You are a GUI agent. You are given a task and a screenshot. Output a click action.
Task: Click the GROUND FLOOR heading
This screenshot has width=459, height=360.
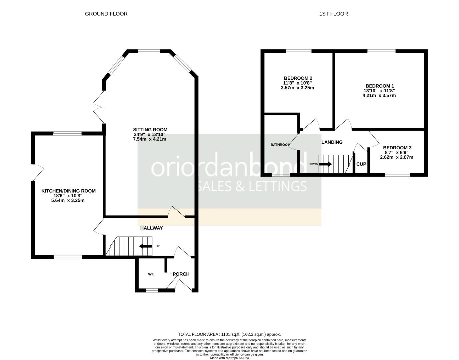pos(106,14)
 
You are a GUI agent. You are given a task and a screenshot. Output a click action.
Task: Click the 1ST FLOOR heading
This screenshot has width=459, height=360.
pos(333,14)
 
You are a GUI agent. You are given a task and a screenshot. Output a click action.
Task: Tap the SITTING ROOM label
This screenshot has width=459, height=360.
pos(150,130)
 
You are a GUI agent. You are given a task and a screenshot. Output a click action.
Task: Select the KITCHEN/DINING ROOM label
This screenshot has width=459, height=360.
pos(68,191)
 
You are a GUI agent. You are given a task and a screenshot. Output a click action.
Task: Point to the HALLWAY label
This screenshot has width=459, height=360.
pos(151,228)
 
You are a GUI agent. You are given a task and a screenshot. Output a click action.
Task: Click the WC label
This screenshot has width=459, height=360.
pos(151,274)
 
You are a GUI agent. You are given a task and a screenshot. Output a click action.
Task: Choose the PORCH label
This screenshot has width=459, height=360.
pos(181,274)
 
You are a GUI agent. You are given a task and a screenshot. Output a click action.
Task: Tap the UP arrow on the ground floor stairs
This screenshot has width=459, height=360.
pos(146,246)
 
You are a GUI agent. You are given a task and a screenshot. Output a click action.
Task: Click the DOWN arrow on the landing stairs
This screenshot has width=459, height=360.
pos(325,164)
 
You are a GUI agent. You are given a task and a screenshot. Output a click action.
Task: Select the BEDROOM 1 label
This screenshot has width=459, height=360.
pos(380,86)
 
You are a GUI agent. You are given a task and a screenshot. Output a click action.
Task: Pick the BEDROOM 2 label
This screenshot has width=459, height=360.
pos(298,78)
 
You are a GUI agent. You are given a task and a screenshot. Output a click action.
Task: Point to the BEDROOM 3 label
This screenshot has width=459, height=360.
pos(397,148)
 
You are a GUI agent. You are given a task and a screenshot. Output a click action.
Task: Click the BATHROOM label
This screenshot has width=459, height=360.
pos(280,145)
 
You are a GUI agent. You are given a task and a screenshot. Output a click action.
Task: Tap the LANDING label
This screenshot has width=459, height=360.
pos(332,142)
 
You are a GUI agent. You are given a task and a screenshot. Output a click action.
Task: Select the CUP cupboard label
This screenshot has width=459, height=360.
pos(361,164)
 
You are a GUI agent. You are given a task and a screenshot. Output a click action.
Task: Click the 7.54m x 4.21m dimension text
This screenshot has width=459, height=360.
pos(149,139)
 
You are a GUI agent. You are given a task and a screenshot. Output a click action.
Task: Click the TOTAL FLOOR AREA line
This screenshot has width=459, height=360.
pos(229,334)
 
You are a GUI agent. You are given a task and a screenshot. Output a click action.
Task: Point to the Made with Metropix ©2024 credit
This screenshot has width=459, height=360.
pos(229,358)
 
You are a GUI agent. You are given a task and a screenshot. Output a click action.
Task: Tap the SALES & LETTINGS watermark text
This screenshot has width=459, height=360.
pos(252,186)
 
